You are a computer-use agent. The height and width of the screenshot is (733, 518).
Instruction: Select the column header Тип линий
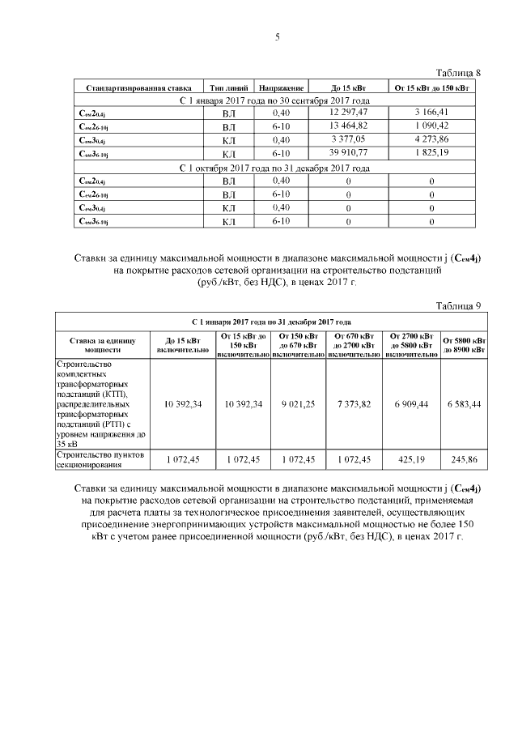[x=228, y=86]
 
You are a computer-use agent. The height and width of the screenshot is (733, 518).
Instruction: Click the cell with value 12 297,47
[x=350, y=112]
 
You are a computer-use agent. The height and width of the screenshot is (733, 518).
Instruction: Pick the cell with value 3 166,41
[x=431, y=112]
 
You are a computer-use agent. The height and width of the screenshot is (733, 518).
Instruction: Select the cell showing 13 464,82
[x=350, y=126]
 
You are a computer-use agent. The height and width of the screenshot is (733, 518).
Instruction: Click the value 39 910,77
[x=350, y=153]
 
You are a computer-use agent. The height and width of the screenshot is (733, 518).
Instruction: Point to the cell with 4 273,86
[x=431, y=139]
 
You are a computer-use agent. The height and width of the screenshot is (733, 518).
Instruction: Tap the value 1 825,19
[x=431, y=153]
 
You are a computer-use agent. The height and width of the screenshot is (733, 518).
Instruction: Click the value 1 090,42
[x=431, y=126]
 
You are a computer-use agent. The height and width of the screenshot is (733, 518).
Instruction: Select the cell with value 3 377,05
[x=350, y=139]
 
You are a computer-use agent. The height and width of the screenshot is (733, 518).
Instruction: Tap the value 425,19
[x=410, y=459]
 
